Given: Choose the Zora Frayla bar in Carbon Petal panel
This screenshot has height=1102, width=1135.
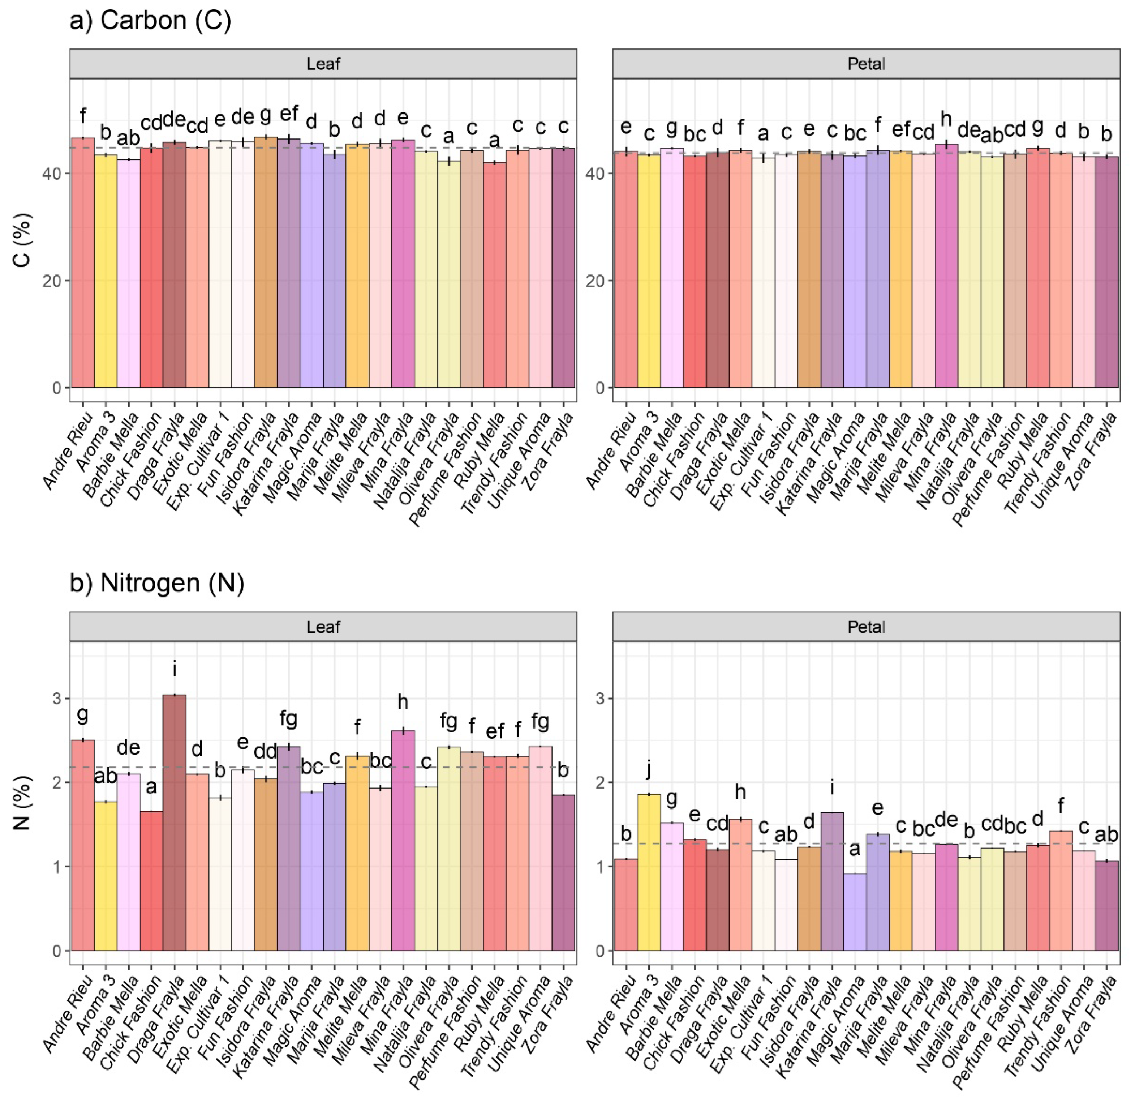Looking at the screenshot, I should (x=1106, y=272).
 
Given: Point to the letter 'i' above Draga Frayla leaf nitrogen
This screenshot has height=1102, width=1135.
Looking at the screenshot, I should (x=174, y=670).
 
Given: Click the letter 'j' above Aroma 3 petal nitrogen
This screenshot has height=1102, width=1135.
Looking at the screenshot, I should (x=649, y=770).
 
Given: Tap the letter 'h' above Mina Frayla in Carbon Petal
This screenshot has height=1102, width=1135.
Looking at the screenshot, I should (x=946, y=119).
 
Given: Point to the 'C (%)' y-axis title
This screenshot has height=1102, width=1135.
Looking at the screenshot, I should (x=22, y=240).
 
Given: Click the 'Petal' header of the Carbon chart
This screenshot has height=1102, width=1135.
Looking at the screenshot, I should (x=866, y=64).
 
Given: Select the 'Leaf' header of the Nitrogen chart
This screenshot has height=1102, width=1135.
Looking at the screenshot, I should (x=323, y=627).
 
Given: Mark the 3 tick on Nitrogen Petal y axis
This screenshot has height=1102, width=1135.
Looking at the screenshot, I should (x=601, y=699).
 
